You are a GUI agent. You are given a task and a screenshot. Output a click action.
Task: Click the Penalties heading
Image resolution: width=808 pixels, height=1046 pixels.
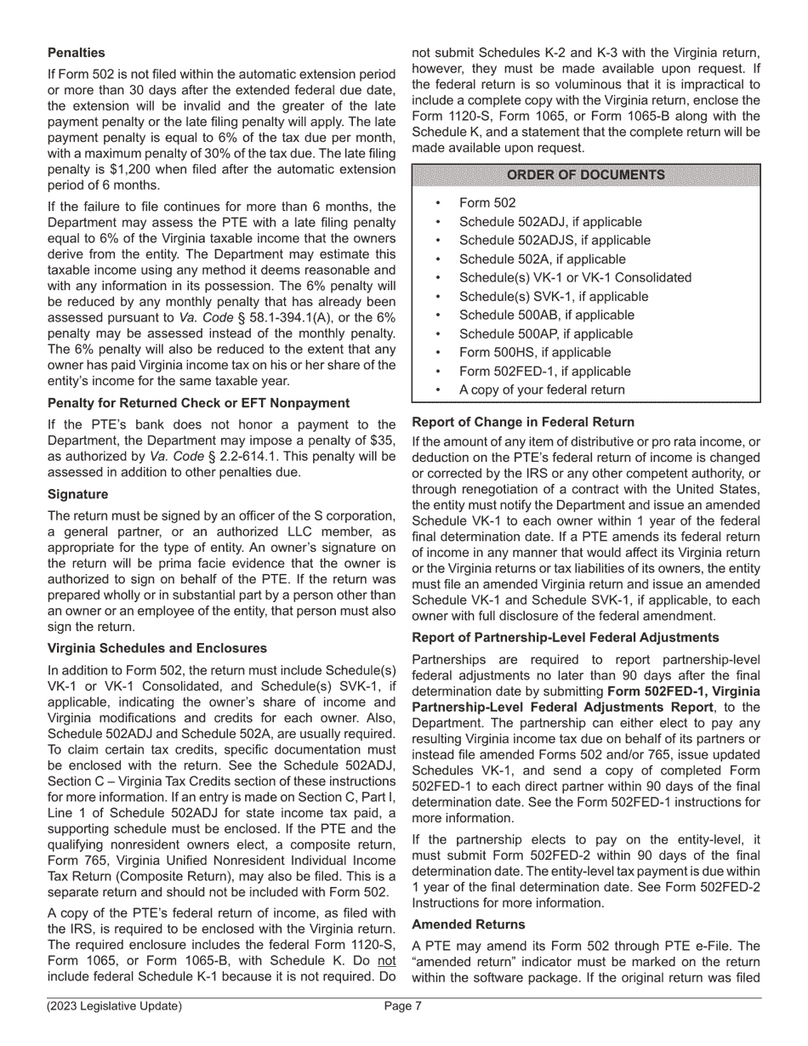tap(77, 53)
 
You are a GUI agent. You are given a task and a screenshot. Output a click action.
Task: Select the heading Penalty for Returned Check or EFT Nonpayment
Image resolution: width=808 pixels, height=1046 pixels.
tap(198, 402)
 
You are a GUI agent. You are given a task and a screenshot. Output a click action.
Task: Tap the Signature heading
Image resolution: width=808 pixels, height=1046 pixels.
tap(77, 494)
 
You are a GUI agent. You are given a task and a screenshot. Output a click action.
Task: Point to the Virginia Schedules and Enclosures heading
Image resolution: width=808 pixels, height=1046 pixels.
tap(157, 648)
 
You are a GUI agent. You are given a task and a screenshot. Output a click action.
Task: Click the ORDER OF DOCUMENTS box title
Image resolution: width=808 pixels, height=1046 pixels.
tap(586, 175)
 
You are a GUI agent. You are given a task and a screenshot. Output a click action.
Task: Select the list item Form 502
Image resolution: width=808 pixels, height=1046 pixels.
tap(487, 203)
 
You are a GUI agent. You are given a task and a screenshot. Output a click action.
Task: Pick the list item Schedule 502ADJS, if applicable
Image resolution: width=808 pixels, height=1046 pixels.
tap(555, 241)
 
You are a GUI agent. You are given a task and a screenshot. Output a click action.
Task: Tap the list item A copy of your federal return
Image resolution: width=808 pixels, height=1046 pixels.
tap(542, 389)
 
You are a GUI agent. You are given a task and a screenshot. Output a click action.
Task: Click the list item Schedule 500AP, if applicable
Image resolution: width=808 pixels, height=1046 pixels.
tap(546, 333)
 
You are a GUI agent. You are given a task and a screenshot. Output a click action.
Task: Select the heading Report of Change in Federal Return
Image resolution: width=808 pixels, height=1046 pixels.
tap(523, 422)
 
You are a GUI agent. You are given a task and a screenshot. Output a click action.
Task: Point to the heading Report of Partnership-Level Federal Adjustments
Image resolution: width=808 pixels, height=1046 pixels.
tap(566, 638)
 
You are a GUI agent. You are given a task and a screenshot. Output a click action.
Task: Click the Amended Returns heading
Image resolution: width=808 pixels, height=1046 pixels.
tap(469, 924)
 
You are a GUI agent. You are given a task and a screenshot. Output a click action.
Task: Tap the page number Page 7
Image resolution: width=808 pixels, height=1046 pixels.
tap(403, 1007)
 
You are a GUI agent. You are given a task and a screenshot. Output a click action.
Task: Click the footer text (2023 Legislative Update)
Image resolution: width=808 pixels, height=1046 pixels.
tap(115, 1007)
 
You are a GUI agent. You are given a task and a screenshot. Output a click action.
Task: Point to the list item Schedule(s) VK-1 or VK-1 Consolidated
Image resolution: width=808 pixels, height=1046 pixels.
tap(575, 278)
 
